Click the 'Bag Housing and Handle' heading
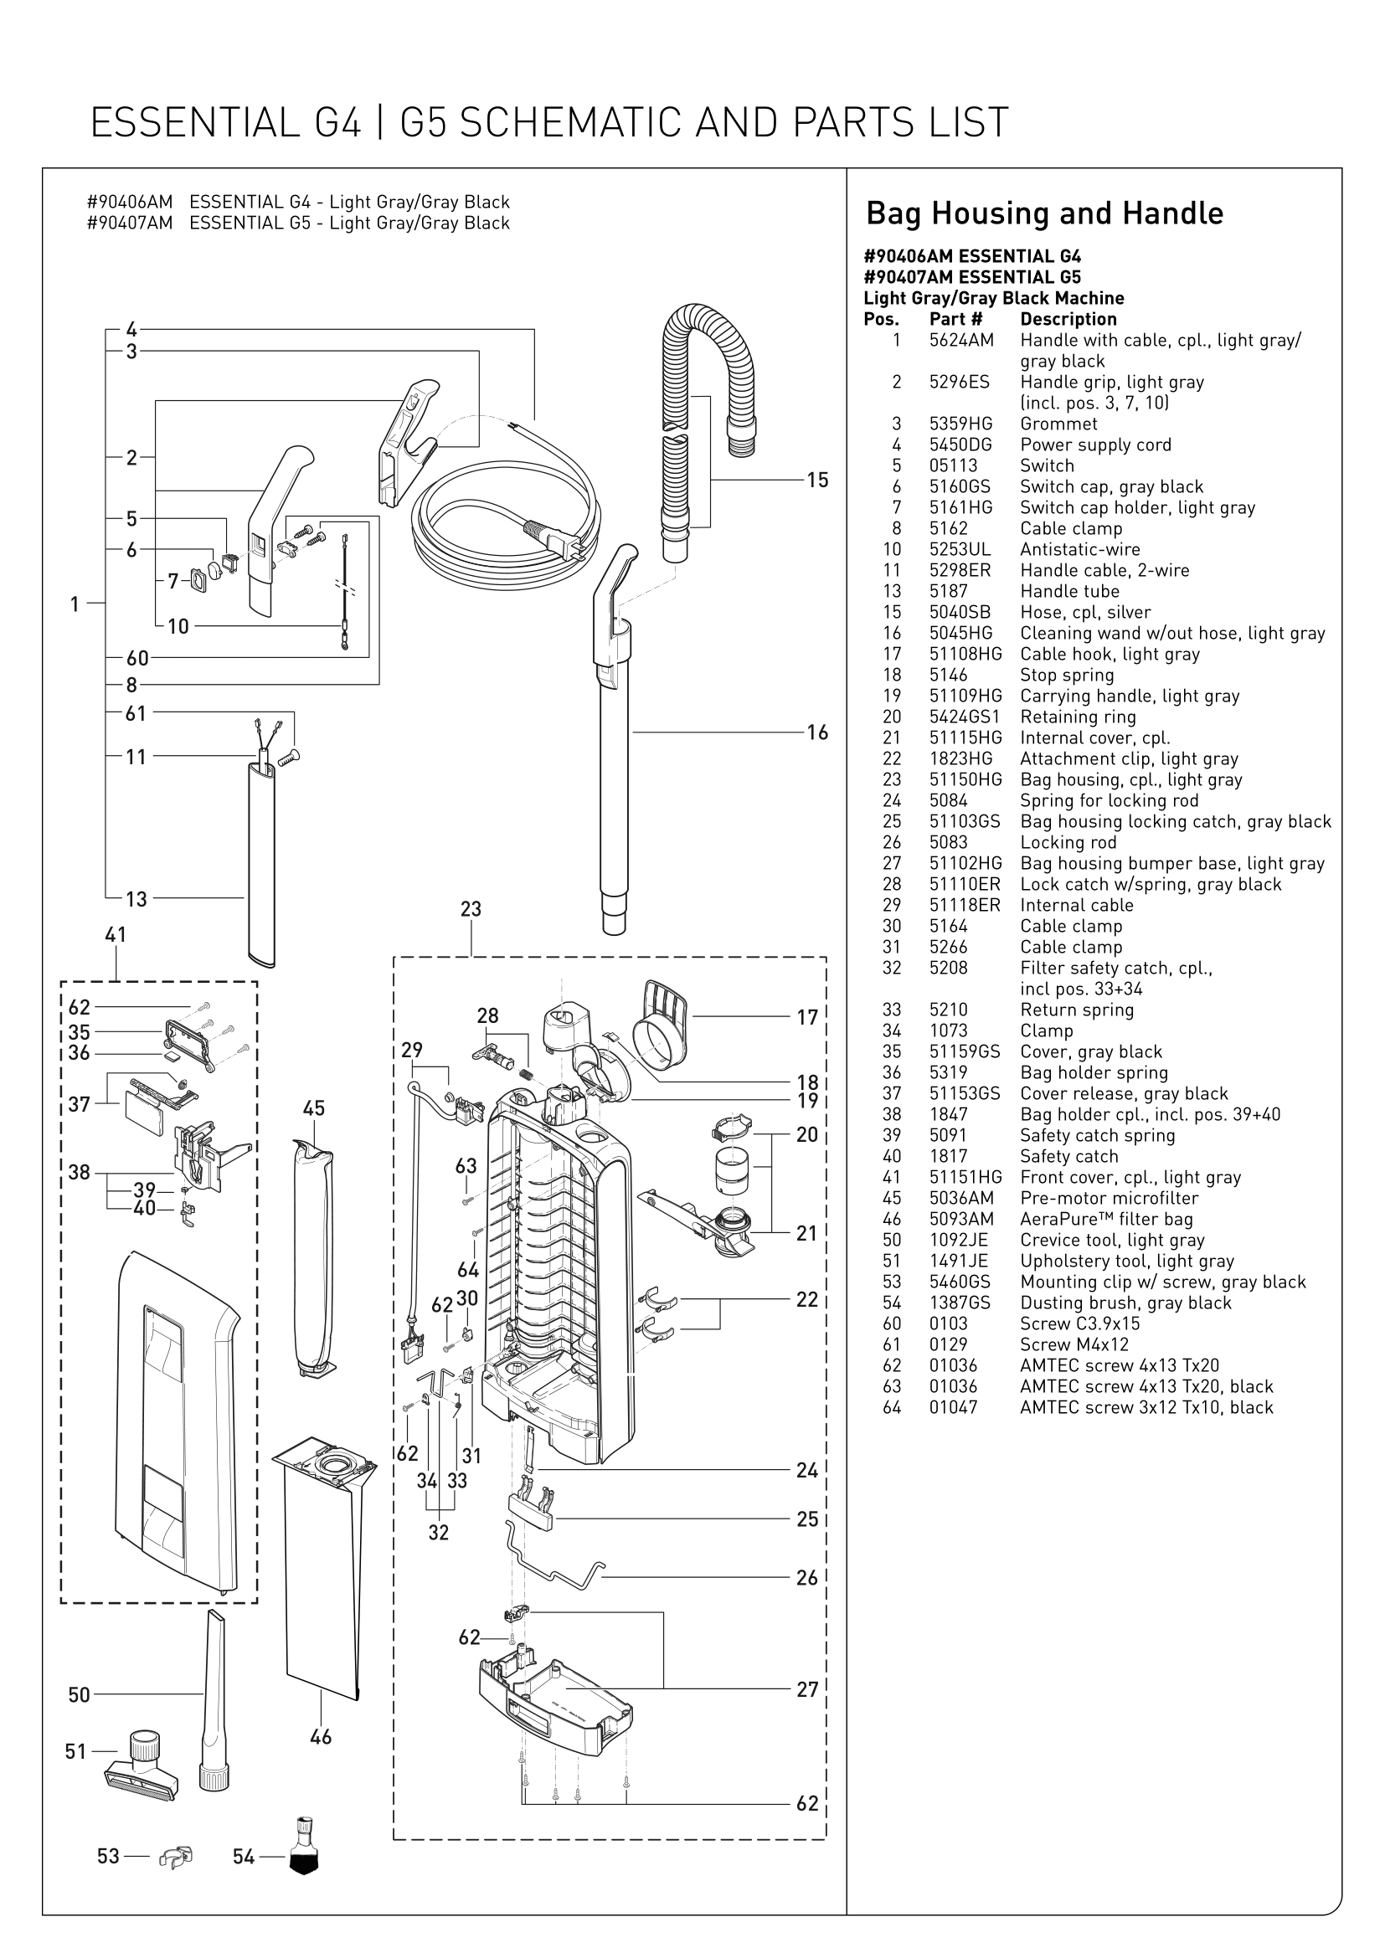[1044, 213]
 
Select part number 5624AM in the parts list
[961, 340]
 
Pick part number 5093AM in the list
[961, 1220]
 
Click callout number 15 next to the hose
[817, 481]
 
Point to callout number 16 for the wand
[817, 732]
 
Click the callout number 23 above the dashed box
[471, 909]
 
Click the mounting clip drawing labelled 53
[176, 1857]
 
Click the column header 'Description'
[1068, 320]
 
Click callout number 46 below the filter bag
[321, 1736]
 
